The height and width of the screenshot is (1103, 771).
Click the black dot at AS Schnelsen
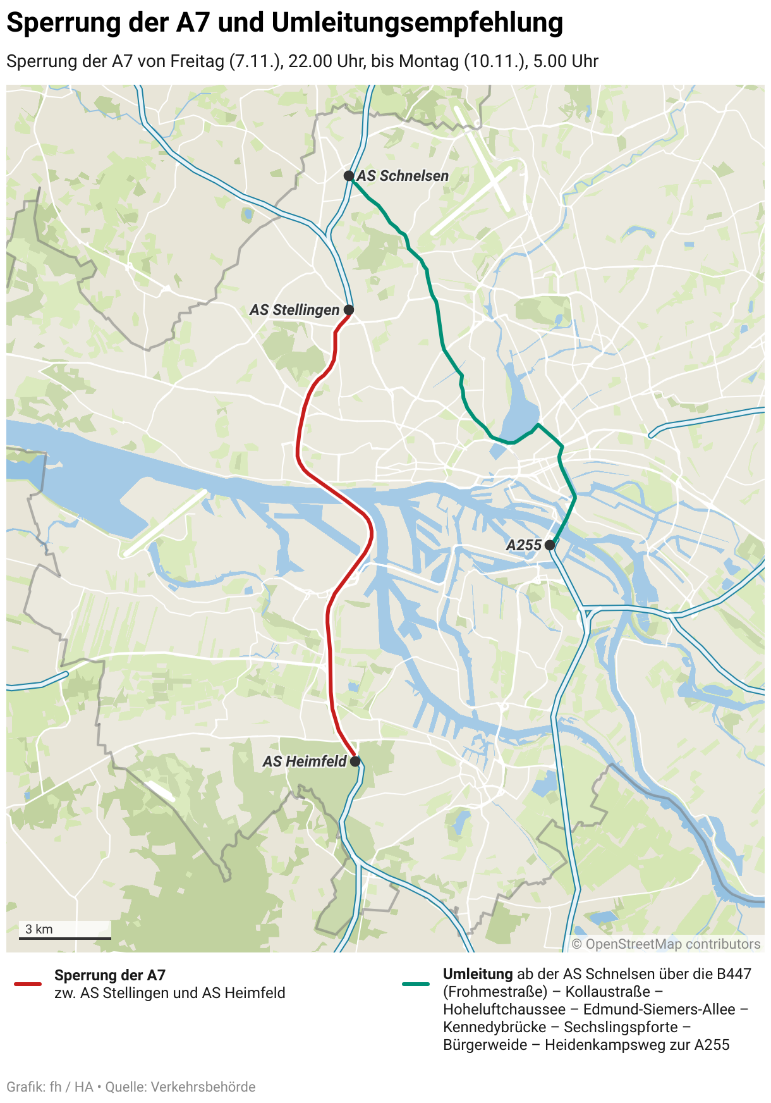pos(348,176)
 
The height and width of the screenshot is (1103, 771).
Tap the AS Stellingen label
pos(294,310)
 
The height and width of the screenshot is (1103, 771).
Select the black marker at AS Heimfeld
pos(355,761)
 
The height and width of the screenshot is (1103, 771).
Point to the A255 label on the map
pos(524,545)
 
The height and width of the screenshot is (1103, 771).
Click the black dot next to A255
pos(550,545)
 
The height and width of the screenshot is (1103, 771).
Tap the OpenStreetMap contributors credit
pos(666,944)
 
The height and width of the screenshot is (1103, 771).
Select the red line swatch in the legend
pos(28,984)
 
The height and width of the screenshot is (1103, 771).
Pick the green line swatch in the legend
pos(416,984)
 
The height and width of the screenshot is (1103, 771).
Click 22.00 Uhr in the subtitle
pos(326,61)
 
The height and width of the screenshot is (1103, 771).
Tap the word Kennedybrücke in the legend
pos(495,1027)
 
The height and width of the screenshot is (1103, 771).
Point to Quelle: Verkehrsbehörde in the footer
pos(180,1087)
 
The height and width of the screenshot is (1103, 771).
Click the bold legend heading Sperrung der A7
pos(110,975)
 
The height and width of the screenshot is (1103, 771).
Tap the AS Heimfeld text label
pos(305,761)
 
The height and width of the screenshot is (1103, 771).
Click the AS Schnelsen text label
pos(403,176)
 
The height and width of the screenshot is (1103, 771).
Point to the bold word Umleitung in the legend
pos(478,974)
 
